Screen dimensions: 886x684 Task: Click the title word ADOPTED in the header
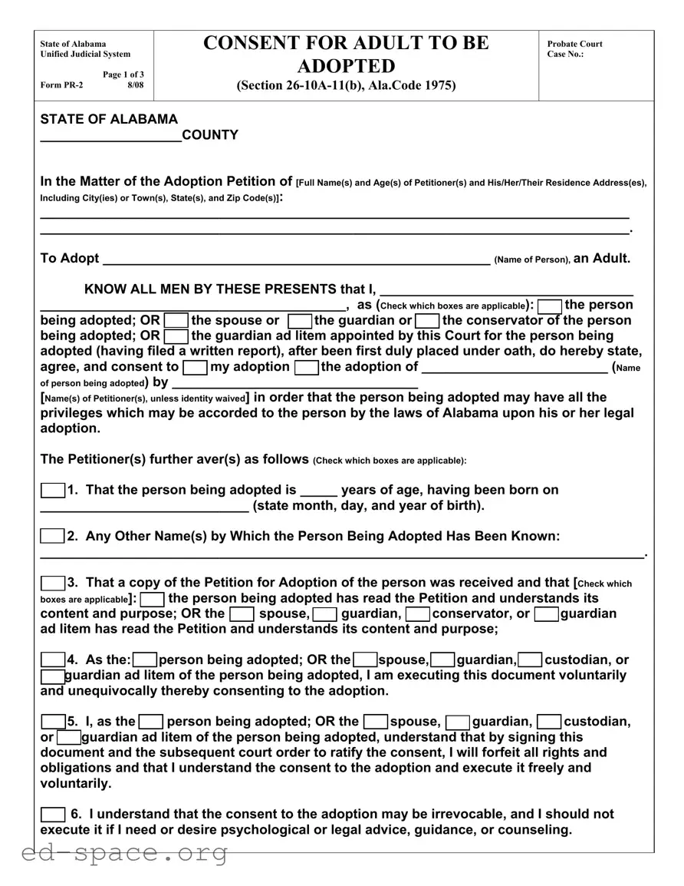[346, 65]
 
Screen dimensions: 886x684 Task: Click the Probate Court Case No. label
[574, 49]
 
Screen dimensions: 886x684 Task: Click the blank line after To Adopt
[296, 260]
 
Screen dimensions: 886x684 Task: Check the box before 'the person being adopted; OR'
[550, 306]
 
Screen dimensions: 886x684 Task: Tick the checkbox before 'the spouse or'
[176, 321]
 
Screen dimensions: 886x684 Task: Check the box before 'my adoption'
[196, 368]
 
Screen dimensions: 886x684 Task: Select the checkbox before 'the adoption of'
[307, 368]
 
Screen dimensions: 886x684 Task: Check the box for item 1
[52, 491]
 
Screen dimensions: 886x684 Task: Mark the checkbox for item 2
[52, 537]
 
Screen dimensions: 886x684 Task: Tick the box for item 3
[52, 584]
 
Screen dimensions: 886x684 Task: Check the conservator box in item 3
[417, 614]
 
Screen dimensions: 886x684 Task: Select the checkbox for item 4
[52, 660]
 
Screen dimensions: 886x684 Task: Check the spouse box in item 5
[375, 722]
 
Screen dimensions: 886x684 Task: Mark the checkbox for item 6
[52, 815]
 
